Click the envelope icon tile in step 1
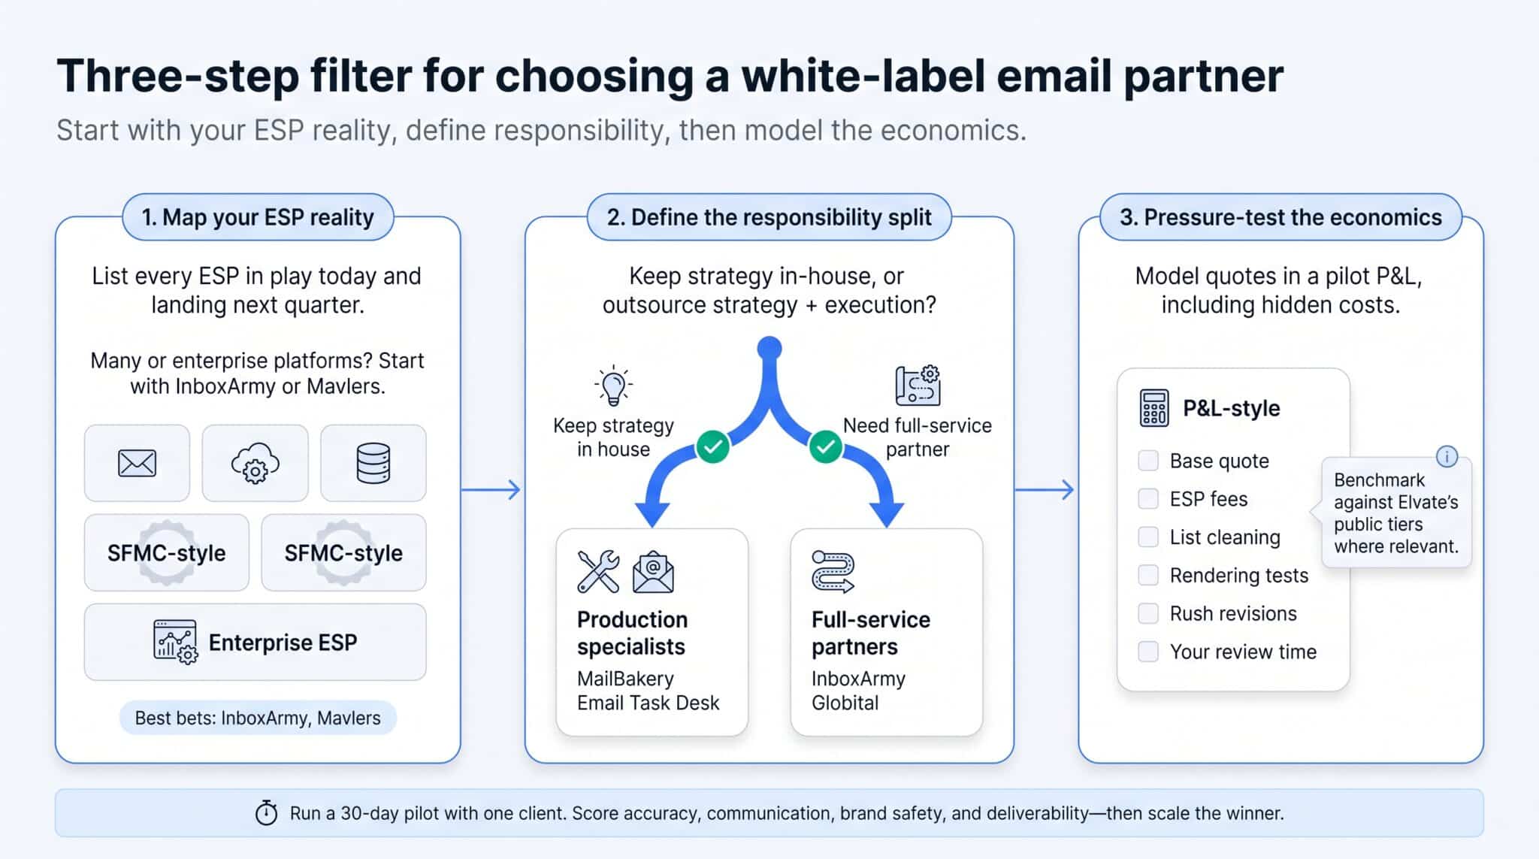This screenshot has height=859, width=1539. [137, 463]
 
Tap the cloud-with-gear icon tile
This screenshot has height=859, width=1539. [255, 463]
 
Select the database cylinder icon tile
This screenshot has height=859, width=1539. [373, 463]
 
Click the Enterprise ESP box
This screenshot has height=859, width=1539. [255, 642]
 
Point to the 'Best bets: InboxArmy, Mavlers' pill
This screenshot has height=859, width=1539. [258, 718]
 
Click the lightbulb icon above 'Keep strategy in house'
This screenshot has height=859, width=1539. [613, 386]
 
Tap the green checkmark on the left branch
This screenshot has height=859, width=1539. [712, 446]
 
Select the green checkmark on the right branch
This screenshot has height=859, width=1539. [825, 446]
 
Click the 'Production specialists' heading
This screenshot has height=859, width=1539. [632, 633]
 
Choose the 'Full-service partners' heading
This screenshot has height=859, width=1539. [871, 633]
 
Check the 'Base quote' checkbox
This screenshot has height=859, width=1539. [1148, 461]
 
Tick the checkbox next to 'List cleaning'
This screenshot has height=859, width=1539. [1148, 537]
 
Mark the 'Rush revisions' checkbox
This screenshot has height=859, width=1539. [1148, 613]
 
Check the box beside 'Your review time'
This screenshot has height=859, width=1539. [1148, 652]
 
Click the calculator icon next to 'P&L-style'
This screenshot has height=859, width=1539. [1154, 408]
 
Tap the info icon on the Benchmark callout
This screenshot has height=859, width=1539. [1447, 456]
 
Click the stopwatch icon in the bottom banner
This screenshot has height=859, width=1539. [266, 812]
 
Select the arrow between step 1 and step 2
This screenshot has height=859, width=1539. [491, 490]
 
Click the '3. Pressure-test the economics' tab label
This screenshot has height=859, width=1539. [1280, 217]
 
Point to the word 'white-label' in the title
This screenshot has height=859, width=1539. [861, 76]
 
